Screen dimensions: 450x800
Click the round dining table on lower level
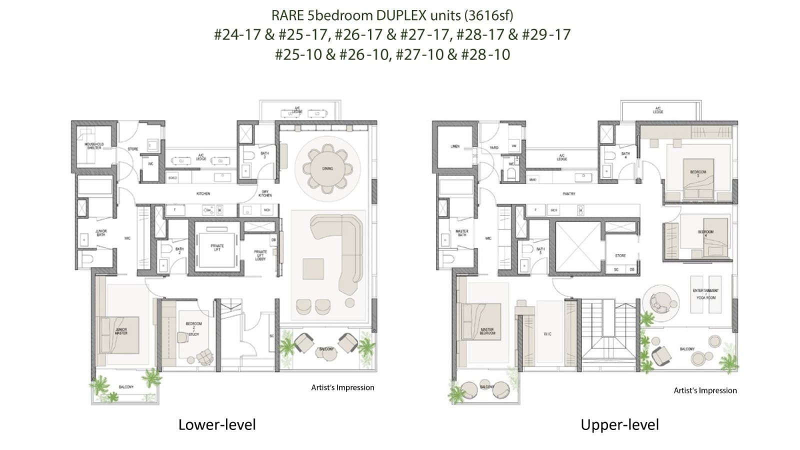coord(327,168)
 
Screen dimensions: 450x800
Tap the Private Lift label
coord(217,247)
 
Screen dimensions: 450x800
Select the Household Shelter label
coord(94,145)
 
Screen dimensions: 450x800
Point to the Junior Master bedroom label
coord(121,331)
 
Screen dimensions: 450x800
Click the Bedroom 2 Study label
coord(193,328)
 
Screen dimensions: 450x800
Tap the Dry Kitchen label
coord(265,193)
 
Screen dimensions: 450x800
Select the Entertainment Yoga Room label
coord(705,294)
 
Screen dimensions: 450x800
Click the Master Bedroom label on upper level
coord(487,331)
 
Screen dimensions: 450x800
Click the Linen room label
coord(455,146)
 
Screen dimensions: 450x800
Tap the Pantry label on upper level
coord(568,193)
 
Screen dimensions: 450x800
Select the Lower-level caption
coord(217,425)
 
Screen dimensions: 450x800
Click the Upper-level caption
coord(619,425)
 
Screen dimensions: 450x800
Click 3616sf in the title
coord(488,15)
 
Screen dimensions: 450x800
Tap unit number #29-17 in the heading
coord(546,34)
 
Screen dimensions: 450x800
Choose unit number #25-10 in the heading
coord(298,54)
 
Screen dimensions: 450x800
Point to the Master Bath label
coord(462,233)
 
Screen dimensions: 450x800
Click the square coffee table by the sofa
coord(313,269)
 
